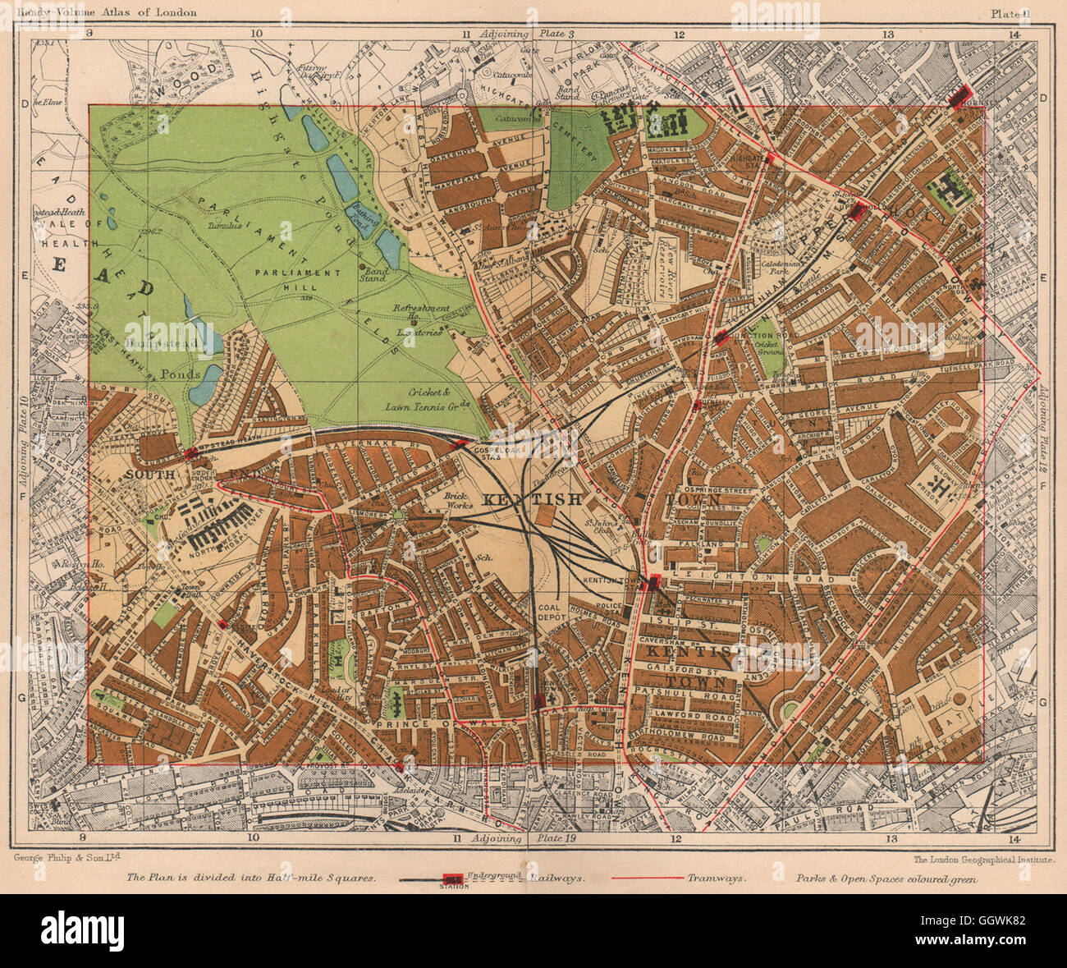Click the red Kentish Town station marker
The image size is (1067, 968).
pyautogui.click(x=653, y=582)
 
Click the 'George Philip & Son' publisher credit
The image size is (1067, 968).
pyautogui.click(x=66, y=858)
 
